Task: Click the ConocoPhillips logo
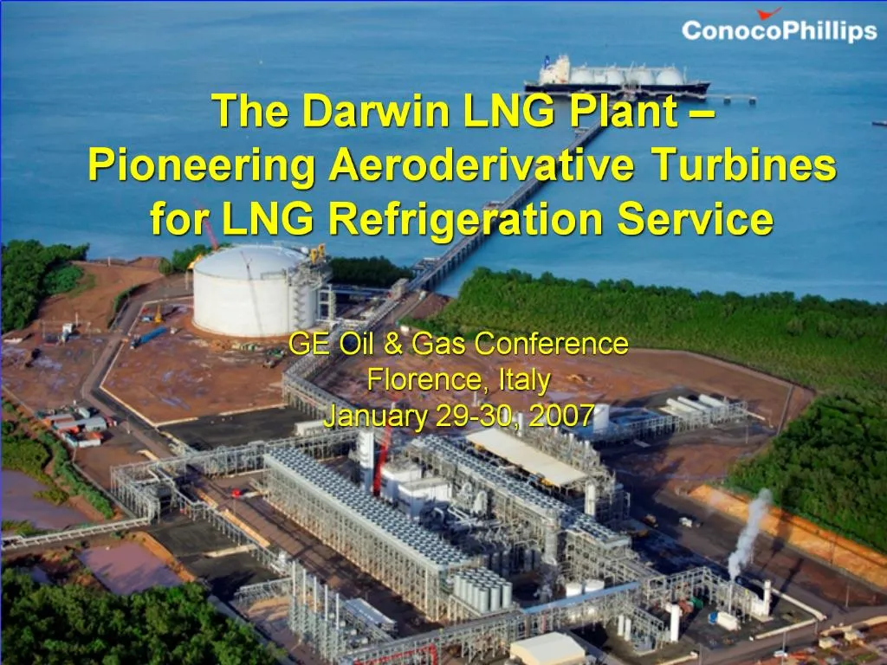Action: click(779, 30)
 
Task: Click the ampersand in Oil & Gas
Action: click(393, 345)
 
